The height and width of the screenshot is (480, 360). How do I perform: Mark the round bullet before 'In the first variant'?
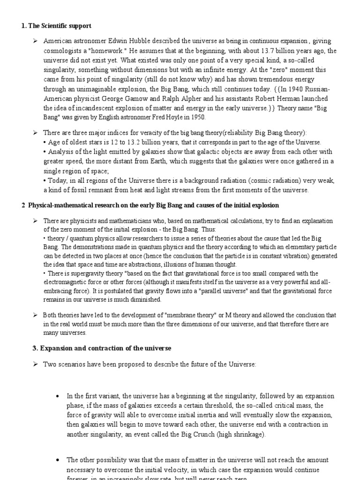point(57,396)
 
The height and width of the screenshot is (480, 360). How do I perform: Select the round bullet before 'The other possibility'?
point(57,460)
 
